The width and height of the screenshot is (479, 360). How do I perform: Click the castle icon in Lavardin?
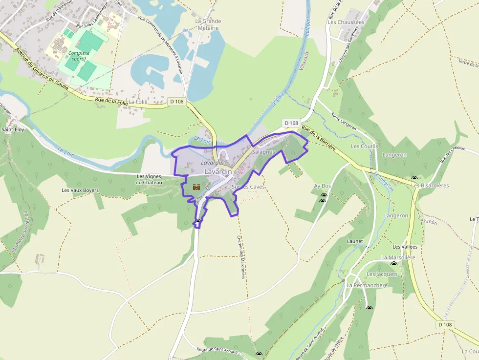coord(196,187)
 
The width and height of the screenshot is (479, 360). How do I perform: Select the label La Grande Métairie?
coord(208,24)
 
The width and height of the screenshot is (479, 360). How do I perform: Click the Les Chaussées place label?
coord(346,22)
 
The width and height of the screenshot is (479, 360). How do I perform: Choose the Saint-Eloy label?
coord(13,129)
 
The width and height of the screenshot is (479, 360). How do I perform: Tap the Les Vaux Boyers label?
coord(80,190)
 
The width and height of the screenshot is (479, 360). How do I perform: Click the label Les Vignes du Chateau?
coord(149,179)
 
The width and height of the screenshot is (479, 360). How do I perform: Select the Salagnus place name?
coord(264,152)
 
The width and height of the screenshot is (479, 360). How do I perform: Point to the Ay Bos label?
coord(323,186)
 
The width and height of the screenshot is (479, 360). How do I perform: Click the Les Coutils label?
coord(365,146)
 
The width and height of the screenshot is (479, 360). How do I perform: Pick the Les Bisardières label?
coord(430,185)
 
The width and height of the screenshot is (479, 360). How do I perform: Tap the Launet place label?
coord(355,241)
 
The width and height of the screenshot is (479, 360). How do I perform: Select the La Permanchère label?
coord(367,285)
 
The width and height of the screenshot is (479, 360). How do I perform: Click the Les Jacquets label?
coord(382,274)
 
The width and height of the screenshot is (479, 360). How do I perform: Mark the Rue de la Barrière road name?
coord(319,138)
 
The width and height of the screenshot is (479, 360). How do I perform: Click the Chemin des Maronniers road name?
coord(241,257)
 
